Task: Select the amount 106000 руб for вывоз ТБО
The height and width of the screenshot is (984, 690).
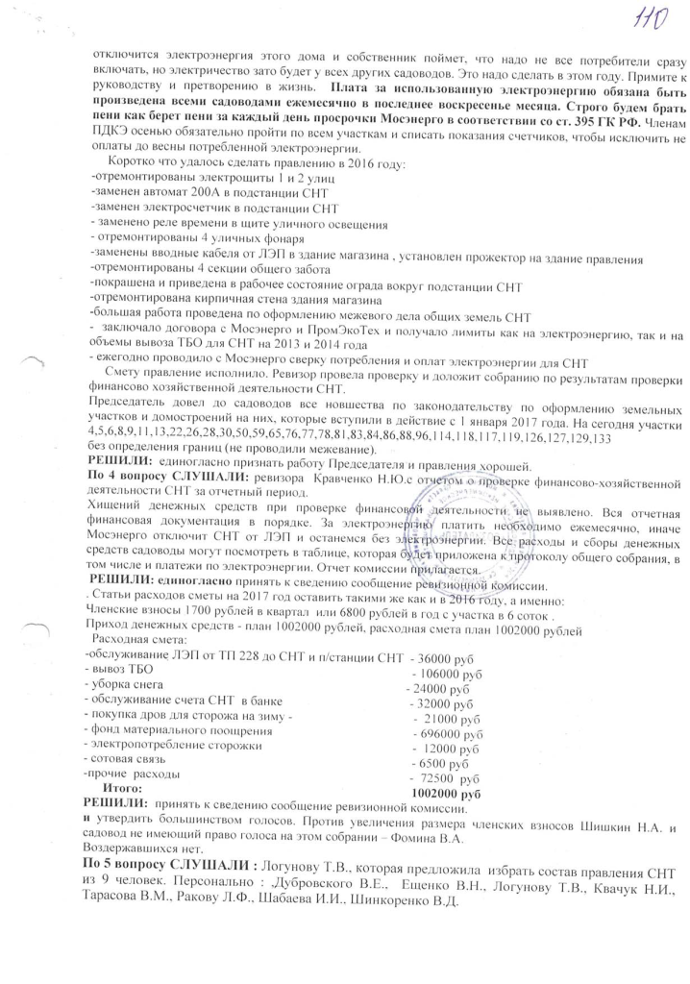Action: click(449, 674)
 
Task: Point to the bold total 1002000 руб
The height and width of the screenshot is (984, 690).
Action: click(445, 795)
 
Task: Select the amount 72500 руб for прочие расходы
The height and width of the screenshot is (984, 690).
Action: click(442, 778)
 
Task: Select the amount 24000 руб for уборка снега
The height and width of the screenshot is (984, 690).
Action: click(440, 689)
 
